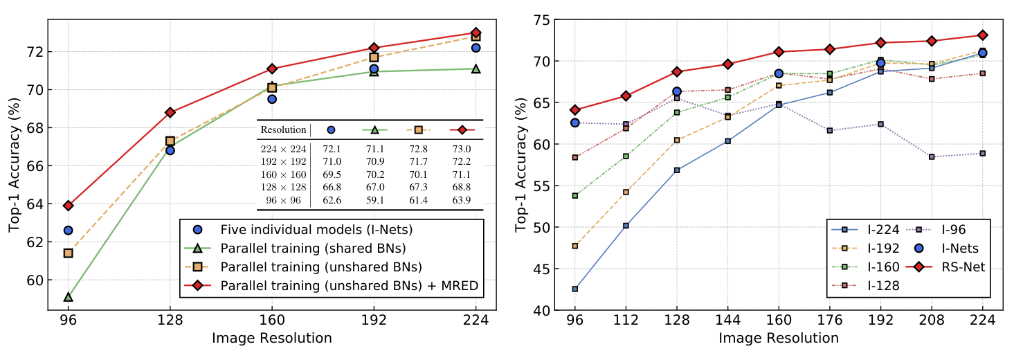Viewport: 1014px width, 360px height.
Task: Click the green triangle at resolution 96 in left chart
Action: (x=69, y=297)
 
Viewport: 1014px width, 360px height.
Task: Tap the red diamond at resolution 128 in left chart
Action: (x=170, y=112)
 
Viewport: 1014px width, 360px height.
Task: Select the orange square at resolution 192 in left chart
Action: (x=374, y=57)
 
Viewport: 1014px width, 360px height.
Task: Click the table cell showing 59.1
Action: (x=375, y=200)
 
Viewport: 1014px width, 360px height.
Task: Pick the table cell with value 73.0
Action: (x=461, y=149)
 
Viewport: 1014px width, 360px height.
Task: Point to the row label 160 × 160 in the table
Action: (x=283, y=174)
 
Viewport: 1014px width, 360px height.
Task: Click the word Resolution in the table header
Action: (x=283, y=130)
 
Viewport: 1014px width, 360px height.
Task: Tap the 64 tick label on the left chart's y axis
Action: (x=34, y=205)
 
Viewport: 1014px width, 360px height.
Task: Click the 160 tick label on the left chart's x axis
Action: (x=272, y=320)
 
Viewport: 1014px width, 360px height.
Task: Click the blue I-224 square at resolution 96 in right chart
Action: (x=575, y=289)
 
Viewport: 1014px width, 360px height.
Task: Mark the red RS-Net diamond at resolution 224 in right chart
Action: (x=983, y=35)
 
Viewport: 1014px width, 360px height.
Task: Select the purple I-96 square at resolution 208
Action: (x=932, y=156)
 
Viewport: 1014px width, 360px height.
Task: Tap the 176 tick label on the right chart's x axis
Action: (x=830, y=320)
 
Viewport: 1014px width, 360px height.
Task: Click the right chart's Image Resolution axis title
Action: (x=779, y=339)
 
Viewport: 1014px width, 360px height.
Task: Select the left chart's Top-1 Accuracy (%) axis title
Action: (x=15, y=165)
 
